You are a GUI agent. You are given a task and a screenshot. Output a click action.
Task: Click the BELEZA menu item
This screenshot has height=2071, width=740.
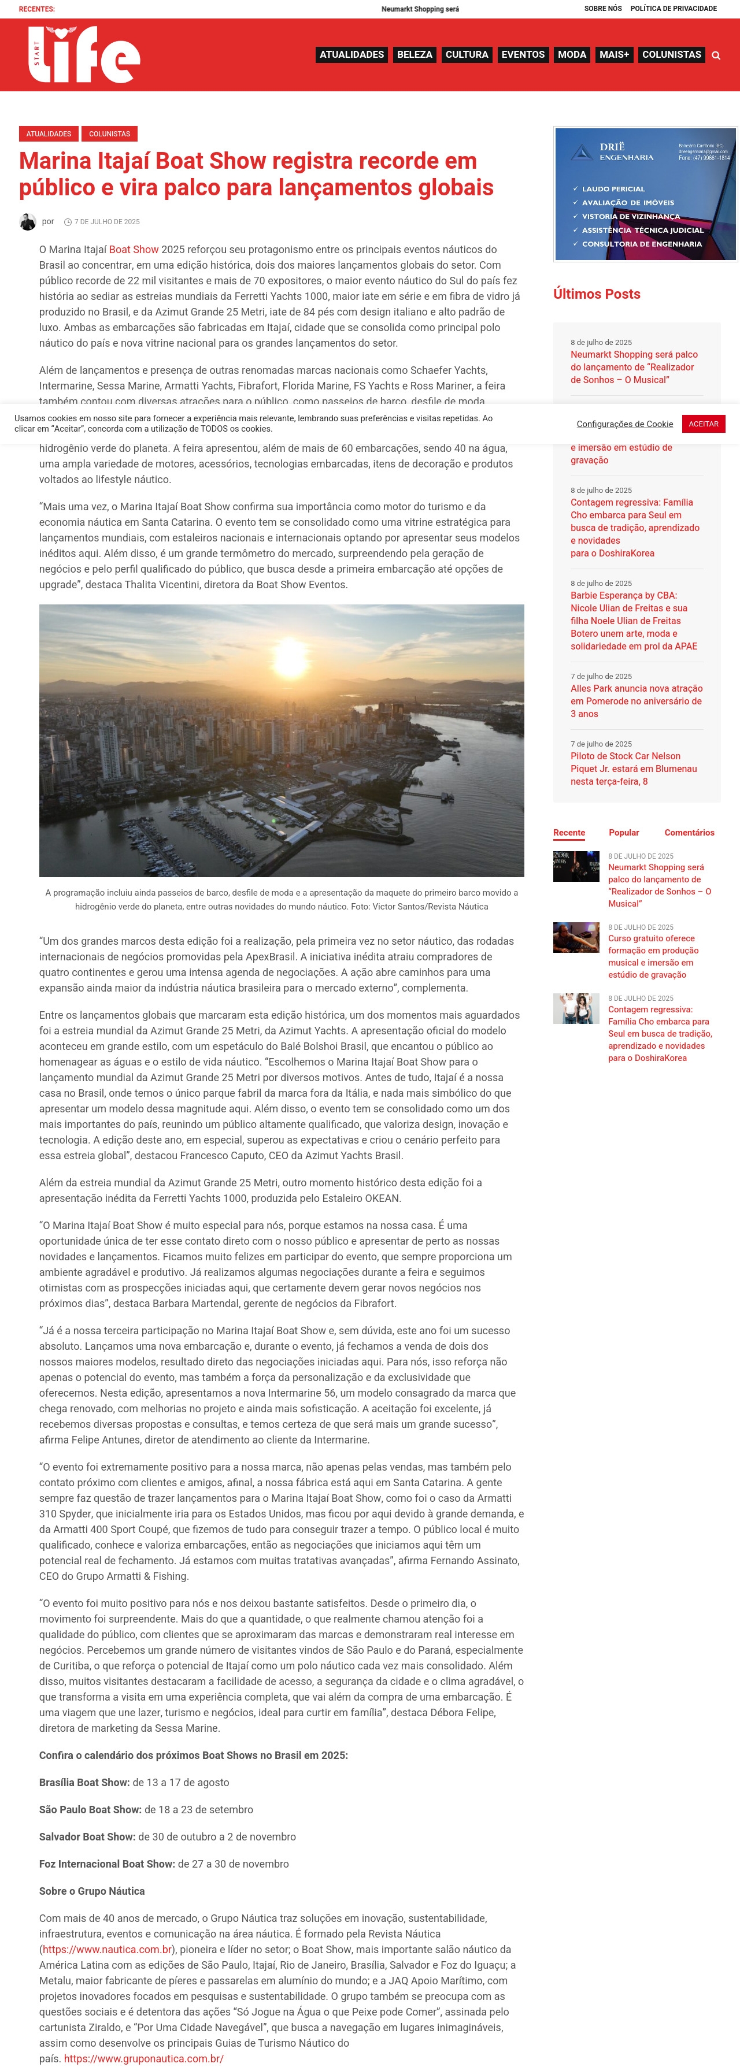pos(415,55)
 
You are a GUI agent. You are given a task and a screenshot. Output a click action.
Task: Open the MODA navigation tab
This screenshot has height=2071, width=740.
pos(572,55)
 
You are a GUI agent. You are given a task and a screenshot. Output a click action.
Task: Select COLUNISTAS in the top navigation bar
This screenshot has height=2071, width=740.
pos(671,55)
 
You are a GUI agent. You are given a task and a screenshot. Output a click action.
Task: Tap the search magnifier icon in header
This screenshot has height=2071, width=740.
pos(716,55)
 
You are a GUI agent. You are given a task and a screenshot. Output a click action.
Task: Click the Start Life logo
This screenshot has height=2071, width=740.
pos(84,55)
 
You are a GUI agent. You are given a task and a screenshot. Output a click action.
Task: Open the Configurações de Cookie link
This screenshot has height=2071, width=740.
pos(624,424)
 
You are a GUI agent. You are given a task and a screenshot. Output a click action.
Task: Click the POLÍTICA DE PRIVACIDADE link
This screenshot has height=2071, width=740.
pos(674,9)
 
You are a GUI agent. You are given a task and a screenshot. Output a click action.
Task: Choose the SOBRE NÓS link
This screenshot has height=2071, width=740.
pos(602,9)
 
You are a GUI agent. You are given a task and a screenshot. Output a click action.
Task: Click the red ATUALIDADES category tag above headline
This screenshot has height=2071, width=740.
pos(48,133)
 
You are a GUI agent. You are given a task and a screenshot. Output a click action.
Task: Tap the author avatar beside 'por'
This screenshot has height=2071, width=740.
pos(27,222)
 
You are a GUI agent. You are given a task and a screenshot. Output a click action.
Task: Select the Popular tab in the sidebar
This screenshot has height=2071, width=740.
pos(623,833)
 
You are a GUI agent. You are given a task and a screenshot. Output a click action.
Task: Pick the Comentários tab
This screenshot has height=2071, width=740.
pos(689,833)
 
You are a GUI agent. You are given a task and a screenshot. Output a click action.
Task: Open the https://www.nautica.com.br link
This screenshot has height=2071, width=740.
pos(107,1950)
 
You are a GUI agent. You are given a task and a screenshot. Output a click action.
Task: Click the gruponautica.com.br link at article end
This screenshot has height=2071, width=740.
pos(143,2059)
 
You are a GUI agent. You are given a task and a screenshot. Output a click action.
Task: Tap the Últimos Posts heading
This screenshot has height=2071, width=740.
pos(596,294)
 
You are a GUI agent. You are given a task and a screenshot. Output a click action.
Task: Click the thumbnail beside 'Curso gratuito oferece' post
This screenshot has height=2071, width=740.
pos(576,937)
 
